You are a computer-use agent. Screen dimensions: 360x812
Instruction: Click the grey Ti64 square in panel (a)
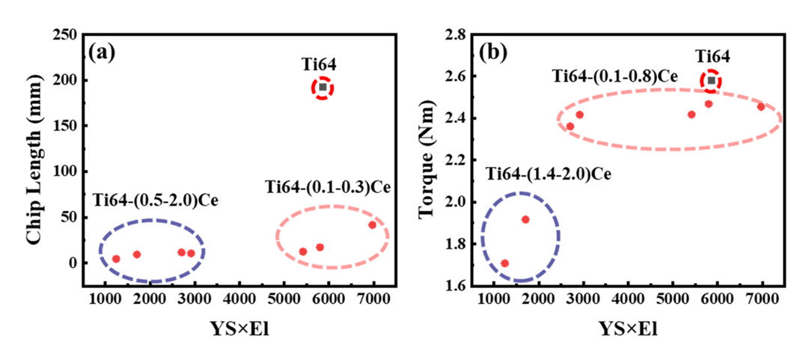(x=323, y=88)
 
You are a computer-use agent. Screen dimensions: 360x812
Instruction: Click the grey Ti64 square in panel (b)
(x=711, y=81)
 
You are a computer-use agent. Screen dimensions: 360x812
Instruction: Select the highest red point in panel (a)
(x=372, y=225)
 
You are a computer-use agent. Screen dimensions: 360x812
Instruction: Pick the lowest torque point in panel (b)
(x=504, y=263)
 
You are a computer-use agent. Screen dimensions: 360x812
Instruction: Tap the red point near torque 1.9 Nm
(x=525, y=219)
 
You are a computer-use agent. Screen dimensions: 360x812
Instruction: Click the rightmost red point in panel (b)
(x=761, y=107)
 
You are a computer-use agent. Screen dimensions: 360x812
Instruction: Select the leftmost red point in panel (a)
(x=116, y=259)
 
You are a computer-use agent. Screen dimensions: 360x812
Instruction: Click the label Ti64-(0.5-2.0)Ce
(x=155, y=201)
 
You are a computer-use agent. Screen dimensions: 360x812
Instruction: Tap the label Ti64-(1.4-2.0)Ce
(x=549, y=174)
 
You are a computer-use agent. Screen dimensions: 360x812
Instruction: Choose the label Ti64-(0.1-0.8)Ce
(x=615, y=76)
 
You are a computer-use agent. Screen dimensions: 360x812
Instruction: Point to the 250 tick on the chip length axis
(x=67, y=34)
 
